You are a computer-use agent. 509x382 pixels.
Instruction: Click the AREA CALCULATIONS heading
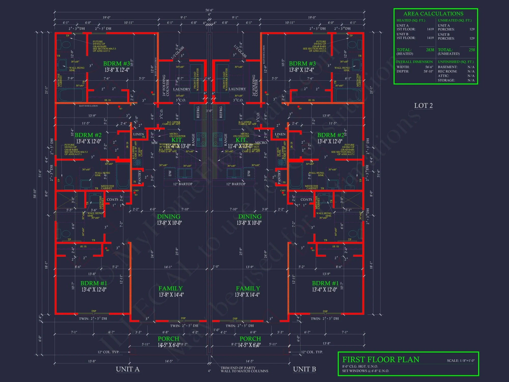(433, 14)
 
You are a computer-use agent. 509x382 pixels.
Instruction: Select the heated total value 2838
(430, 50)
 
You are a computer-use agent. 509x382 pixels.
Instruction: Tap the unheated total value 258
(472, 50)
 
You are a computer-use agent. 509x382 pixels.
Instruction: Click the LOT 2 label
(423, 105)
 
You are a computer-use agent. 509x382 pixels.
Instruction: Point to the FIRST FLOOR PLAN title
(380, 360)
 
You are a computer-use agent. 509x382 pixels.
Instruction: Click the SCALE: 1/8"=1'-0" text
(460, 361)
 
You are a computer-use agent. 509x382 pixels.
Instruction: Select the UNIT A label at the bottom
(128, 369)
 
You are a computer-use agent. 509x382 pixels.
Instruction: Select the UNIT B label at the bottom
(304, 369)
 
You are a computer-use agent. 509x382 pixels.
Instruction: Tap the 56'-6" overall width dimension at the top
(209, 10)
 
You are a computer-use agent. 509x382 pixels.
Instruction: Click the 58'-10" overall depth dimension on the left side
(35, 194)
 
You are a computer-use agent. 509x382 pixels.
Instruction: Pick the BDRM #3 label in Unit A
(116, 63)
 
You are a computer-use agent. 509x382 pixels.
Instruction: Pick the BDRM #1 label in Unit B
(325, 283)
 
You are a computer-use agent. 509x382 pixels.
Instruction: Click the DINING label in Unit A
(169, 216)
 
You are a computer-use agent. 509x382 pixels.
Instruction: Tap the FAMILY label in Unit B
(248, 288)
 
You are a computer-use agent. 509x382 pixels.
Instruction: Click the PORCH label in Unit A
(168, 339)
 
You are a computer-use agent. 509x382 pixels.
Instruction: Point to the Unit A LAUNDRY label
(182, 89)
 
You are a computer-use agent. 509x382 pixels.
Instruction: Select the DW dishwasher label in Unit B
(249, 173)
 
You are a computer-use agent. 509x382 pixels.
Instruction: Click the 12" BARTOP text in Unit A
(182, 184)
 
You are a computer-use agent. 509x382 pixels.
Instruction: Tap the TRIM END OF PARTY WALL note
(244, 370)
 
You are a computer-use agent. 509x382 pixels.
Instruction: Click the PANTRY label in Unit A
(139, 177)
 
